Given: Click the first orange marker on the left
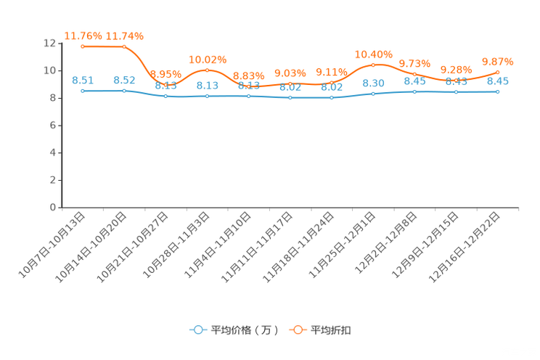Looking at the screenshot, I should coord(83,46).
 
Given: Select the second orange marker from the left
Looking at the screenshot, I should coord(124,46).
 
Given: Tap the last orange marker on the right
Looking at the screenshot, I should coord(497,71).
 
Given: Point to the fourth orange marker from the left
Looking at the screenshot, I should coord(207,70).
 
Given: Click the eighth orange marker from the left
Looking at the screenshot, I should coord(373,65).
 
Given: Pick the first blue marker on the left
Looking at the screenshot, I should coord(83,91).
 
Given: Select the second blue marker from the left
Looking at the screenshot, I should coord(124,91).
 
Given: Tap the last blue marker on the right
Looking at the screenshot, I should coord(497,92).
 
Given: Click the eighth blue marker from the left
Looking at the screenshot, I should coord(373,94).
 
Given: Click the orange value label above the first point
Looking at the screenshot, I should coord(83,35).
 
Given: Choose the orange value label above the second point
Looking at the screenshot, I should coord(124,36).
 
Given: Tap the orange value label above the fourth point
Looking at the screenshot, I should coord(208,59).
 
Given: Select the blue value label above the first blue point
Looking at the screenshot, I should coord(83,80).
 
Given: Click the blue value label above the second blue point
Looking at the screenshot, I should coord(124,80).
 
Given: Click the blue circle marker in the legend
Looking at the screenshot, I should coord(197,330).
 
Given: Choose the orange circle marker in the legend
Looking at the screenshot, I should coord(298,330).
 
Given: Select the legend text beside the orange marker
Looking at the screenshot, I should coord(332,330).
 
